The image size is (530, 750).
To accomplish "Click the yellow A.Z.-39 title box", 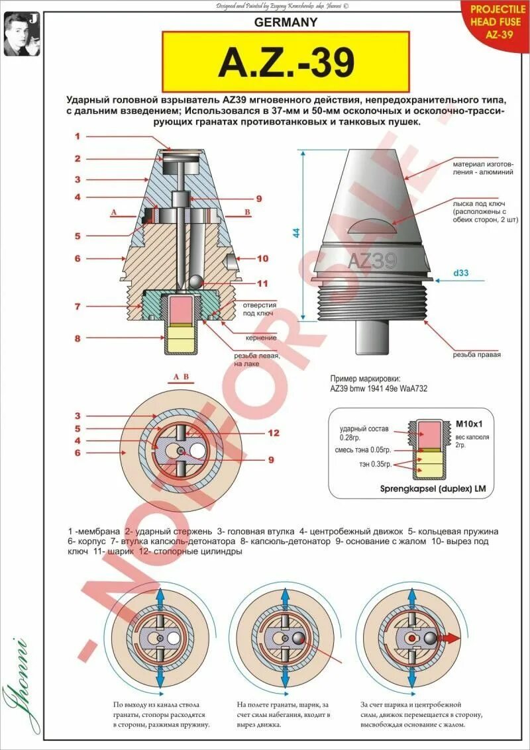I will [x=286, y=63].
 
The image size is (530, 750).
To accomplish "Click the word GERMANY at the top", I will [x=286, y=22].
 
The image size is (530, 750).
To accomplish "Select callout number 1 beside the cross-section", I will [x=77, y=136].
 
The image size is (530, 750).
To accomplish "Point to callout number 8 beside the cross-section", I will [x=77, y=338].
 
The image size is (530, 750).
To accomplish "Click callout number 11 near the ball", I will [x=262, y=283].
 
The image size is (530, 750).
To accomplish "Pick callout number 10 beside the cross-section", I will [x=262, y=258].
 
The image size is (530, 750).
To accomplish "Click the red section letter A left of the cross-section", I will [x=114, y=212].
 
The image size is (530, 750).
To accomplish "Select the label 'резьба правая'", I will [x=476, y=354].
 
